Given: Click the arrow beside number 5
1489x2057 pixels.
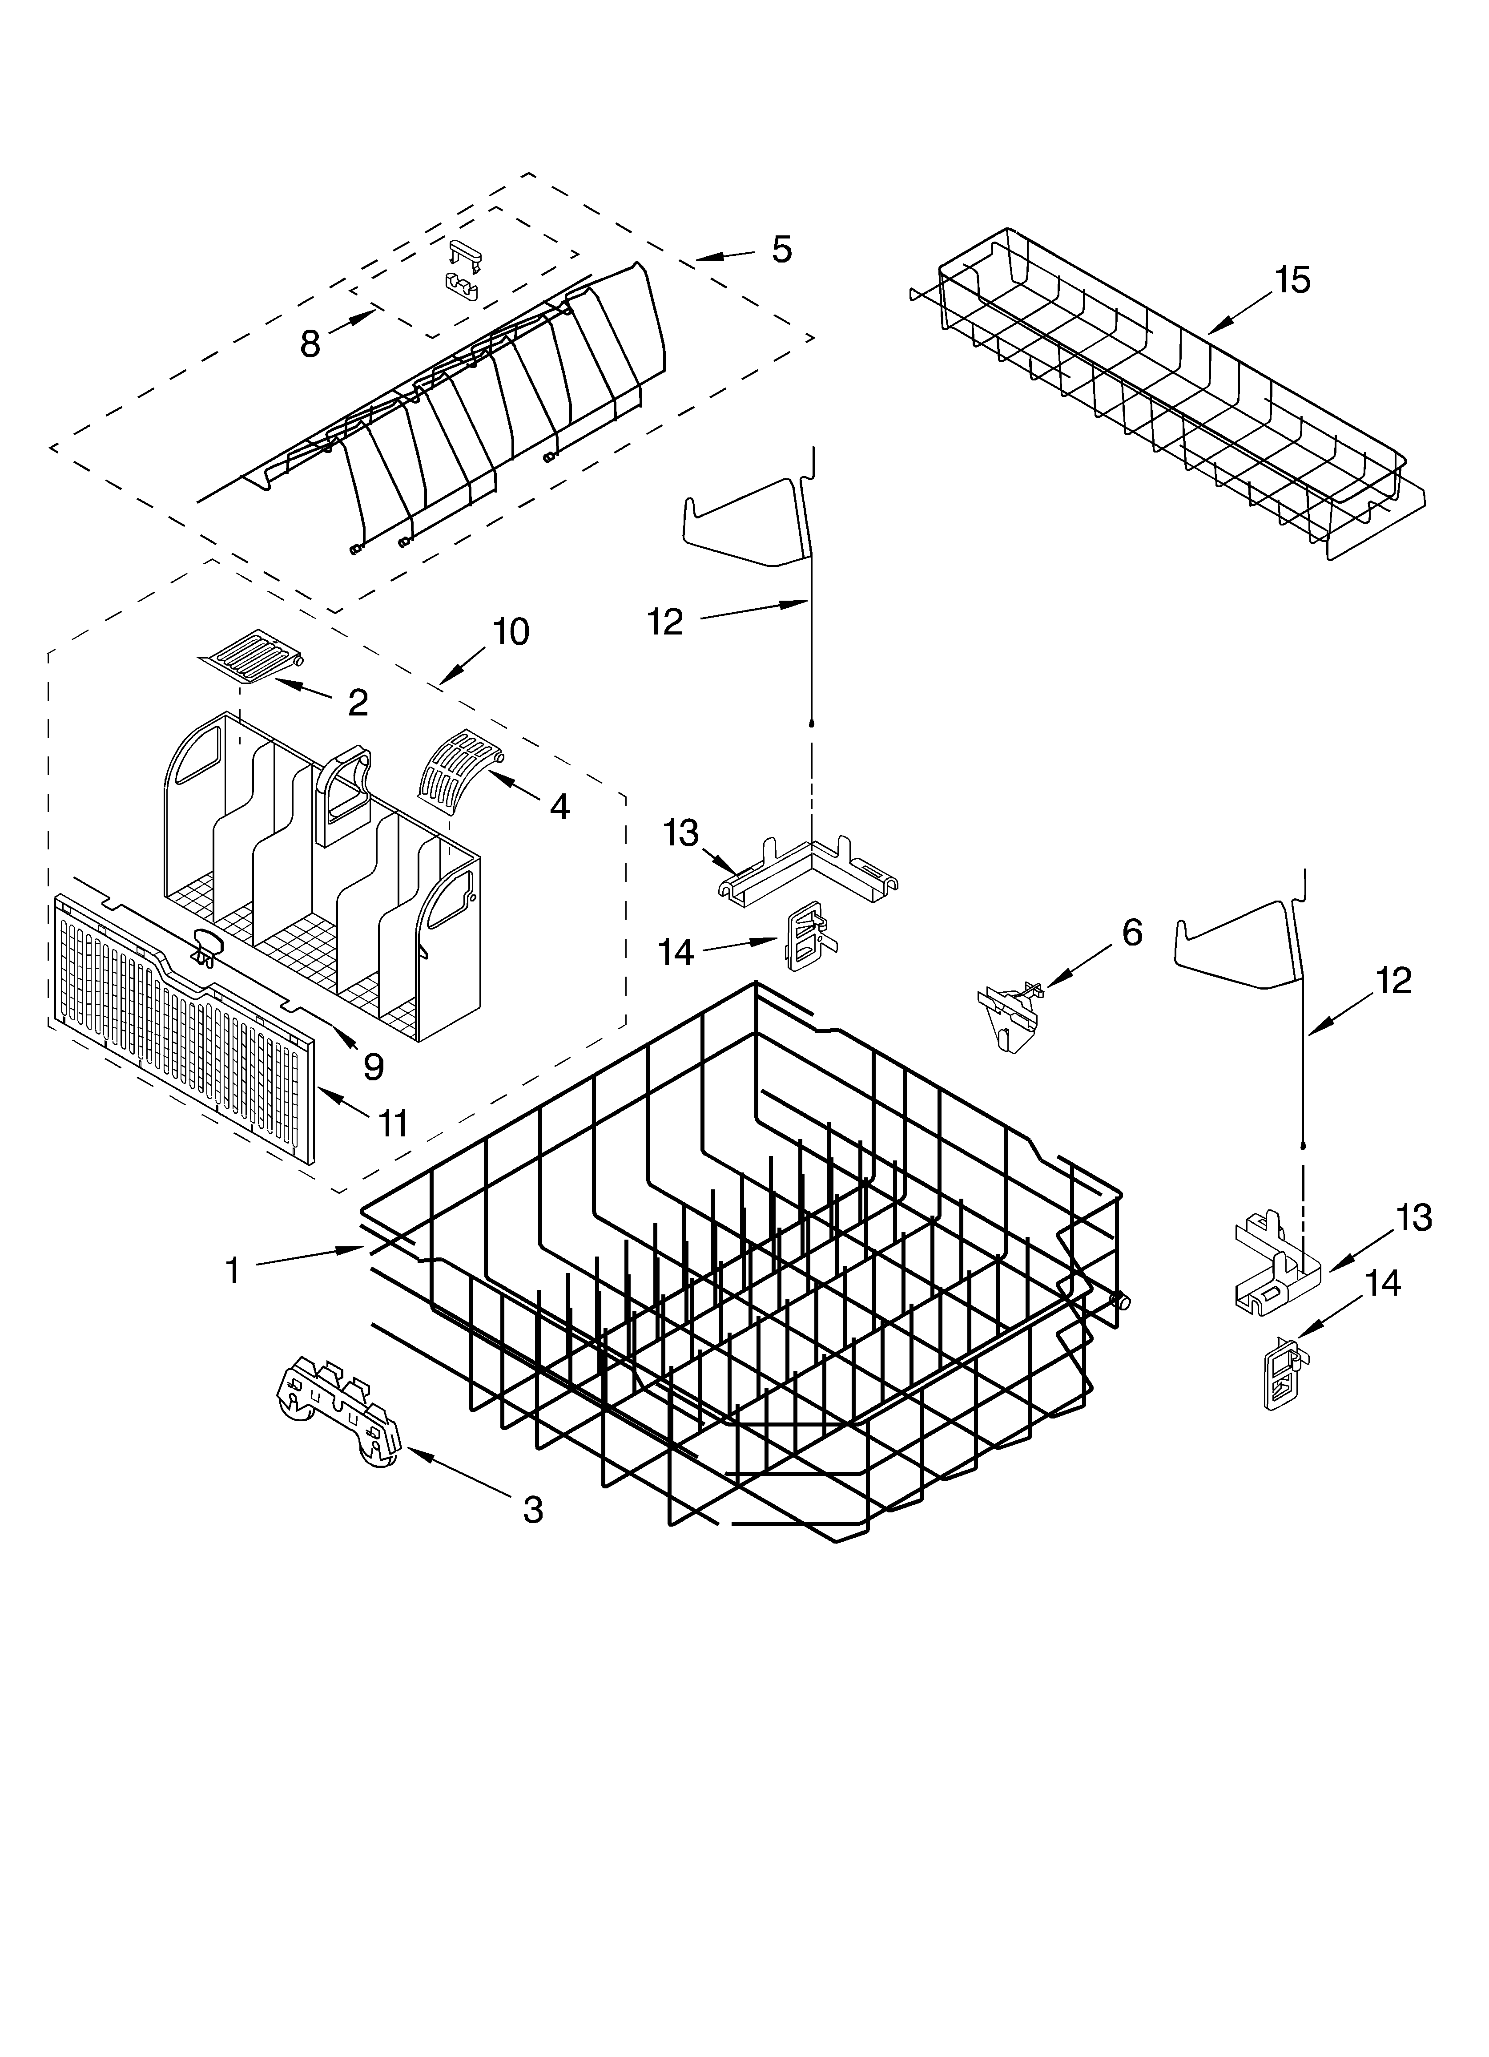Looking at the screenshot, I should tap(724, 257).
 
